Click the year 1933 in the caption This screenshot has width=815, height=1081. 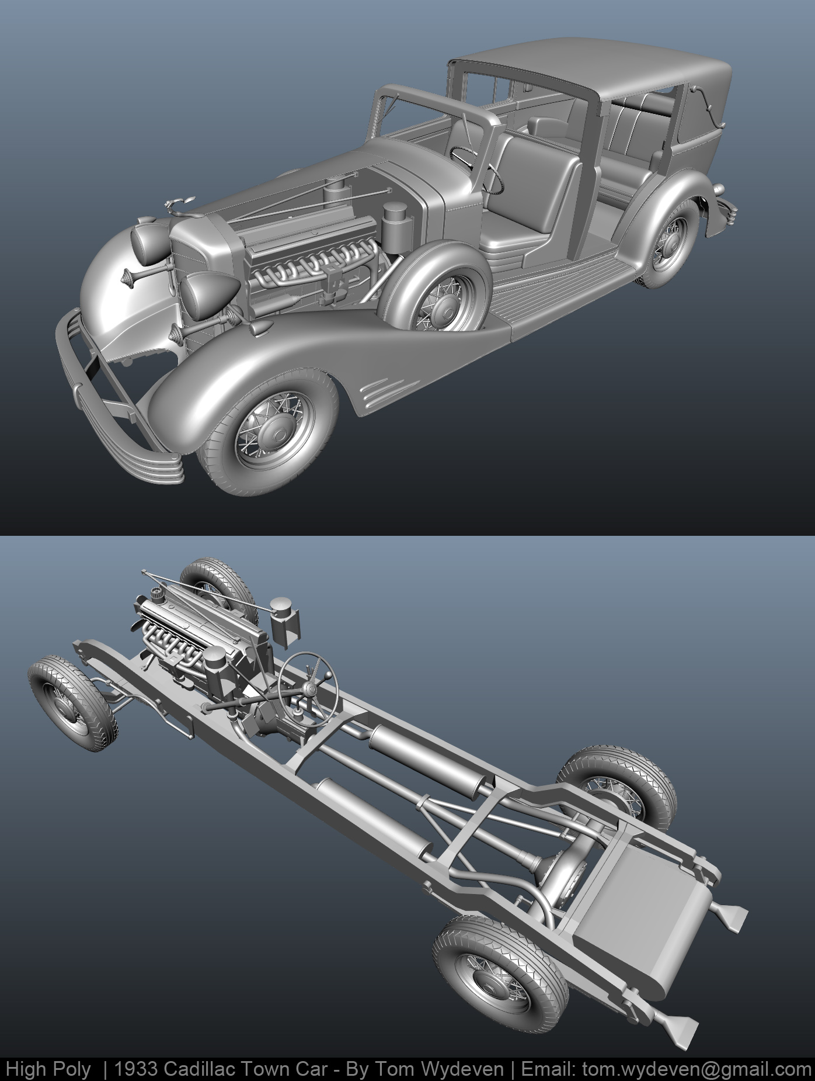click(x=136, y=1069)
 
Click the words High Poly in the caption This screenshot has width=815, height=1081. click(x=48, y=1069)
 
